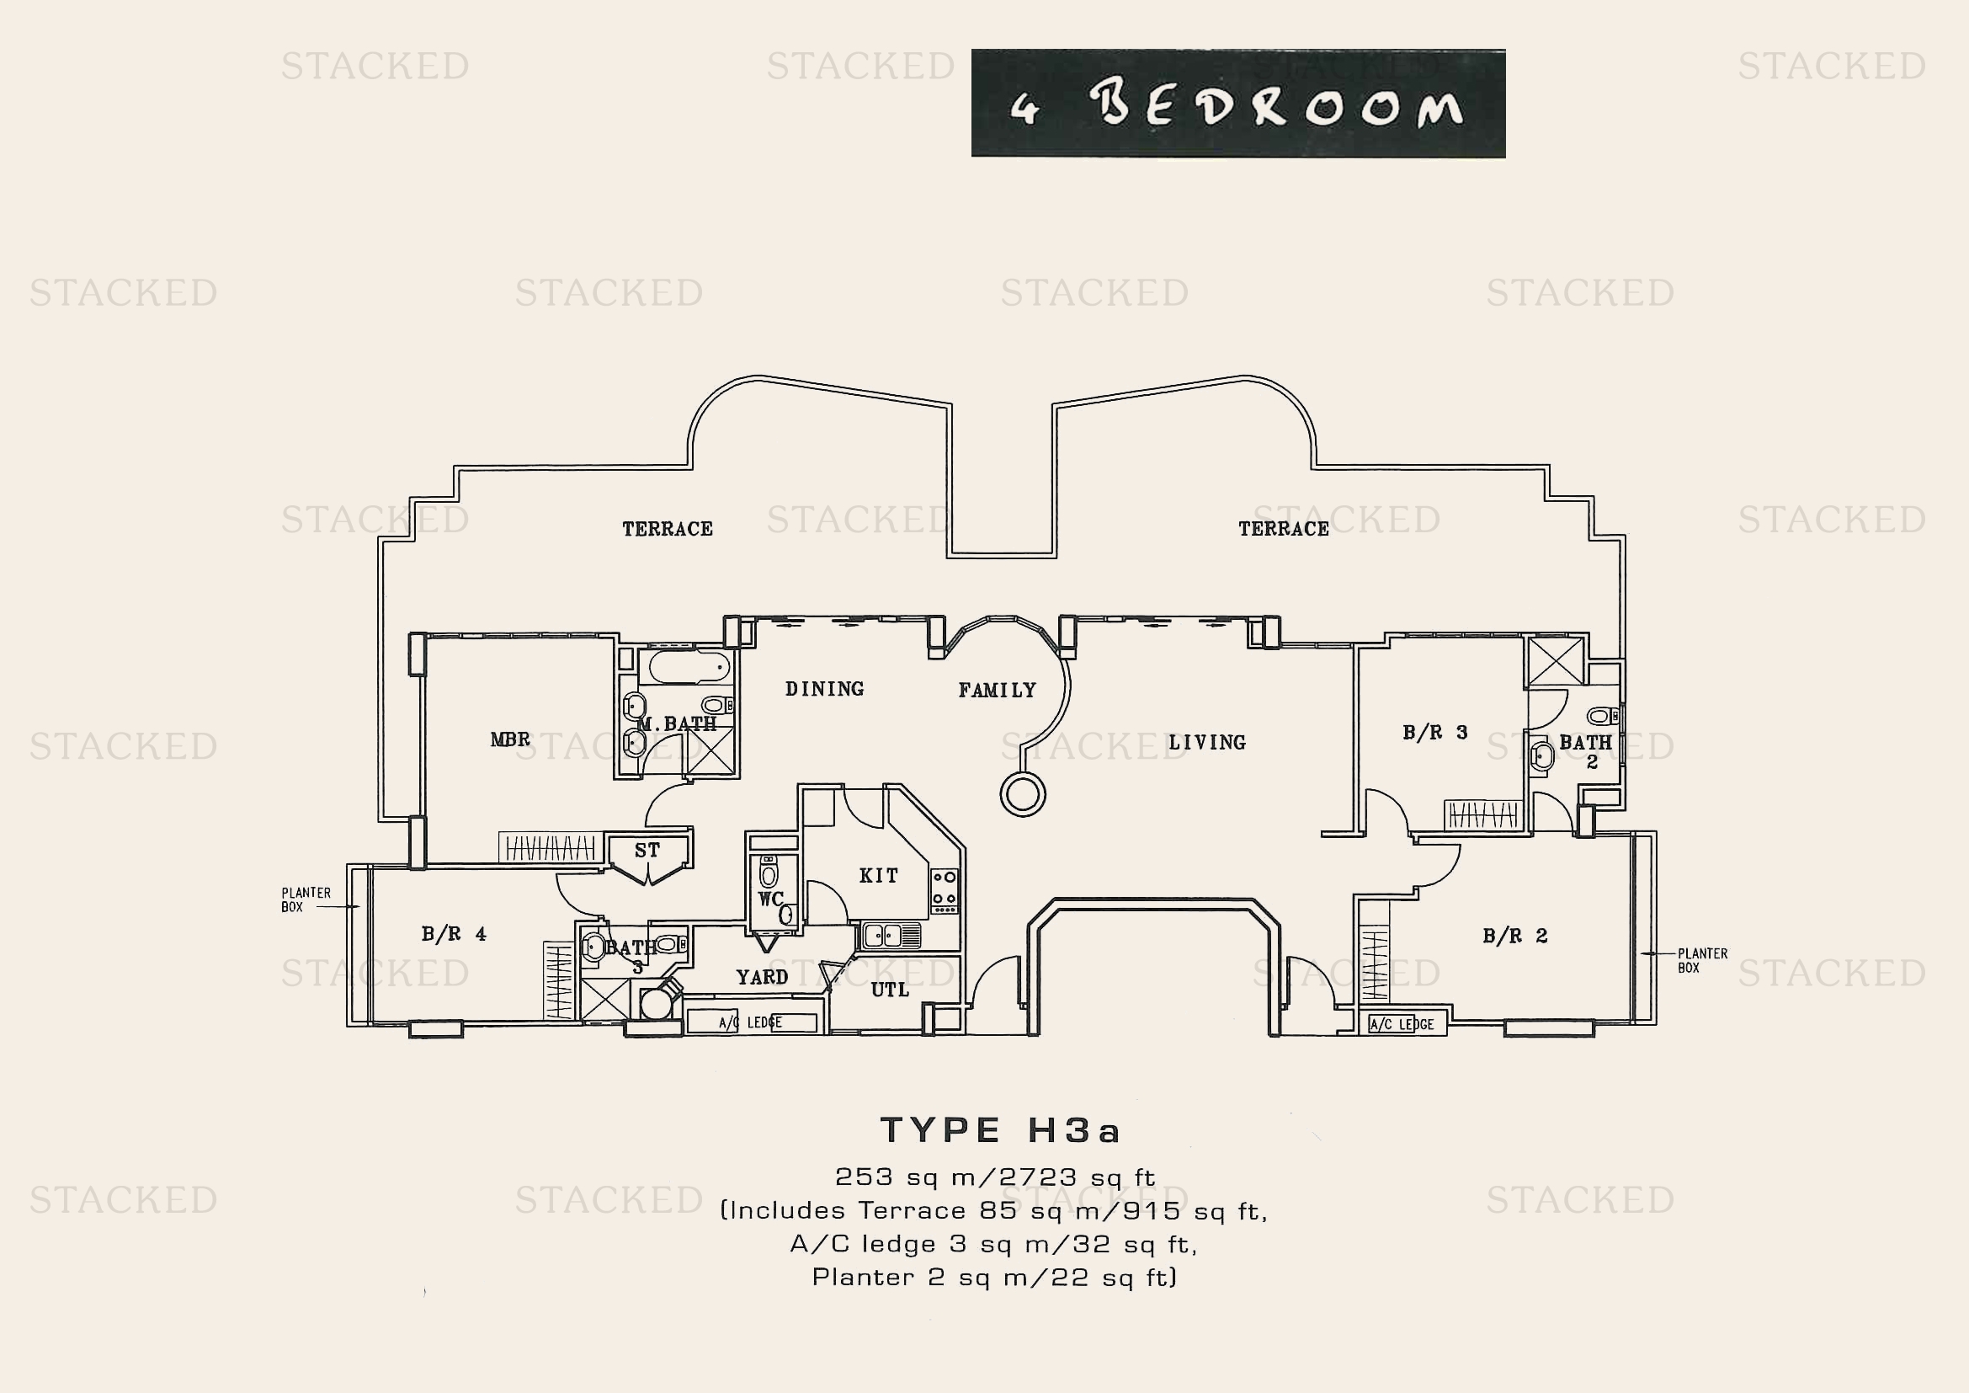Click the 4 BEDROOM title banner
coord(1237,104)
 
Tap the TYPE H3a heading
coord(1000,1130)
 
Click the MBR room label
coord(510,739)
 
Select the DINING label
coord(824,689)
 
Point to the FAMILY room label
coord(998,691)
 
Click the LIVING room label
coord(1206,743)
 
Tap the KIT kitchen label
coord(879,876)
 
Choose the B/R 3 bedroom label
coord(1434,733)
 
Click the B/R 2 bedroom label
coord(1514,936)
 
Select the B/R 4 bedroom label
coord(454,934)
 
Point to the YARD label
coord(762,977)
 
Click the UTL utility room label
coord(889,990)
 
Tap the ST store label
coord(647,850)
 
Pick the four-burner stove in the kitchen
coord(945,890)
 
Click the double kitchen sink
coord(890,936)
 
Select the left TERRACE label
coord(668,529)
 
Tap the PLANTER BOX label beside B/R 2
coord(1702,961)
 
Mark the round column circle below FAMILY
coord(1022,794)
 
